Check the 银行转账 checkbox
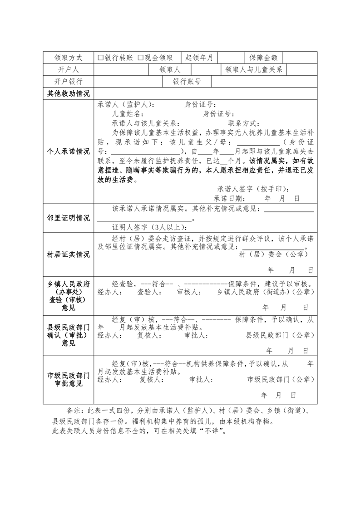[x=101, y=58]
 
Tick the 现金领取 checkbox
[x=140, y=58]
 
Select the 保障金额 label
[x=263, y=58]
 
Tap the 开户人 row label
[x=69, y=69]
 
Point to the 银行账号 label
[x=187, y=82]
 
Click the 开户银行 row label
[x=69, y=82]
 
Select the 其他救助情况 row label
[x=69, y=93]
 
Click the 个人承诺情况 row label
[x=69, y=151]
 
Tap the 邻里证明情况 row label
[x=69, y=218]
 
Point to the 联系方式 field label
[x=243, y=123]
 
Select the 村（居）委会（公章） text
[x=274, y=254]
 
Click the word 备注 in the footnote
[x=73, y=410]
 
